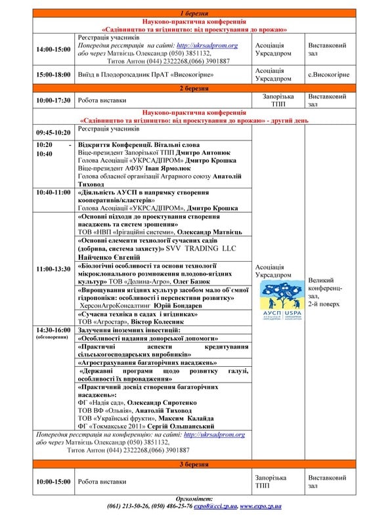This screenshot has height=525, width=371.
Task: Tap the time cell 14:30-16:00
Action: pyautogui.click(x=54, y=329)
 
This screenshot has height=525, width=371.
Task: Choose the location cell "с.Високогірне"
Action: pyautogui.click(x=328, y=74)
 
